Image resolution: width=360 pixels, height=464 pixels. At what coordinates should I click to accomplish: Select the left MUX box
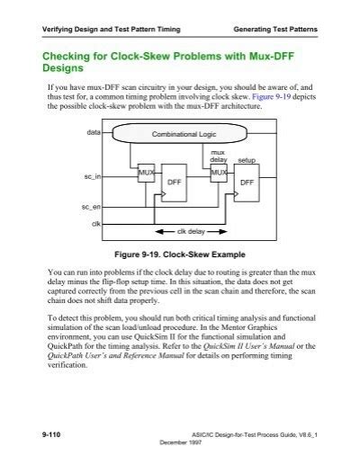[x=146, y=171]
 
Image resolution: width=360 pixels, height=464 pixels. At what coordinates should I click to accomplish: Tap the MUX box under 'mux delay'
[x=218, y=171]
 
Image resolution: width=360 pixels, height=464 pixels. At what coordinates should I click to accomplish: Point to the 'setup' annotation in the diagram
[x=246, y=159]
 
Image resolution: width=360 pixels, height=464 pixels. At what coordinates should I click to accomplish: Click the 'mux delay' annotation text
[x=217, y=156]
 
